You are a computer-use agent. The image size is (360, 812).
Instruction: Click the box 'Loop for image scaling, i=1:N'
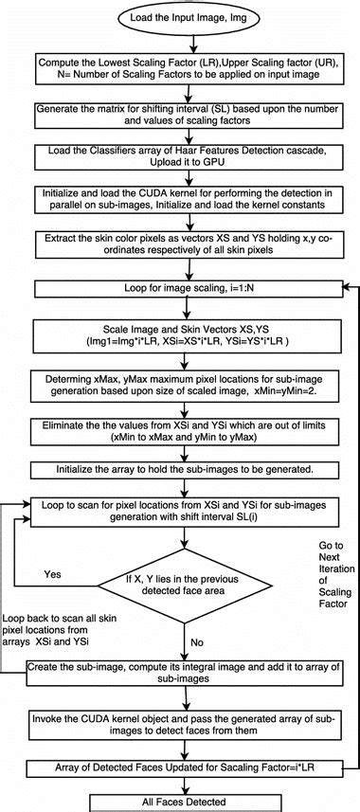point(180,287)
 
